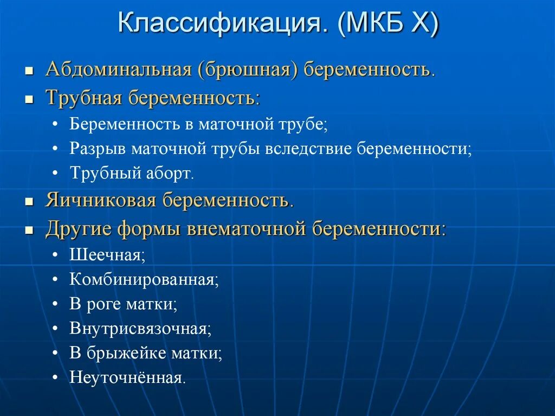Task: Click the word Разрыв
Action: (98, 149)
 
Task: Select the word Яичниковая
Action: (101, 201)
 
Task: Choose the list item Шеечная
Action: (107, 255)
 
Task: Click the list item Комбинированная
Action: (144, 280)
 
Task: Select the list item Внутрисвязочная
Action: (140, 329)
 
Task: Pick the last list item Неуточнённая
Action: (127, 377)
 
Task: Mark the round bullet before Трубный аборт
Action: (56, 174)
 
